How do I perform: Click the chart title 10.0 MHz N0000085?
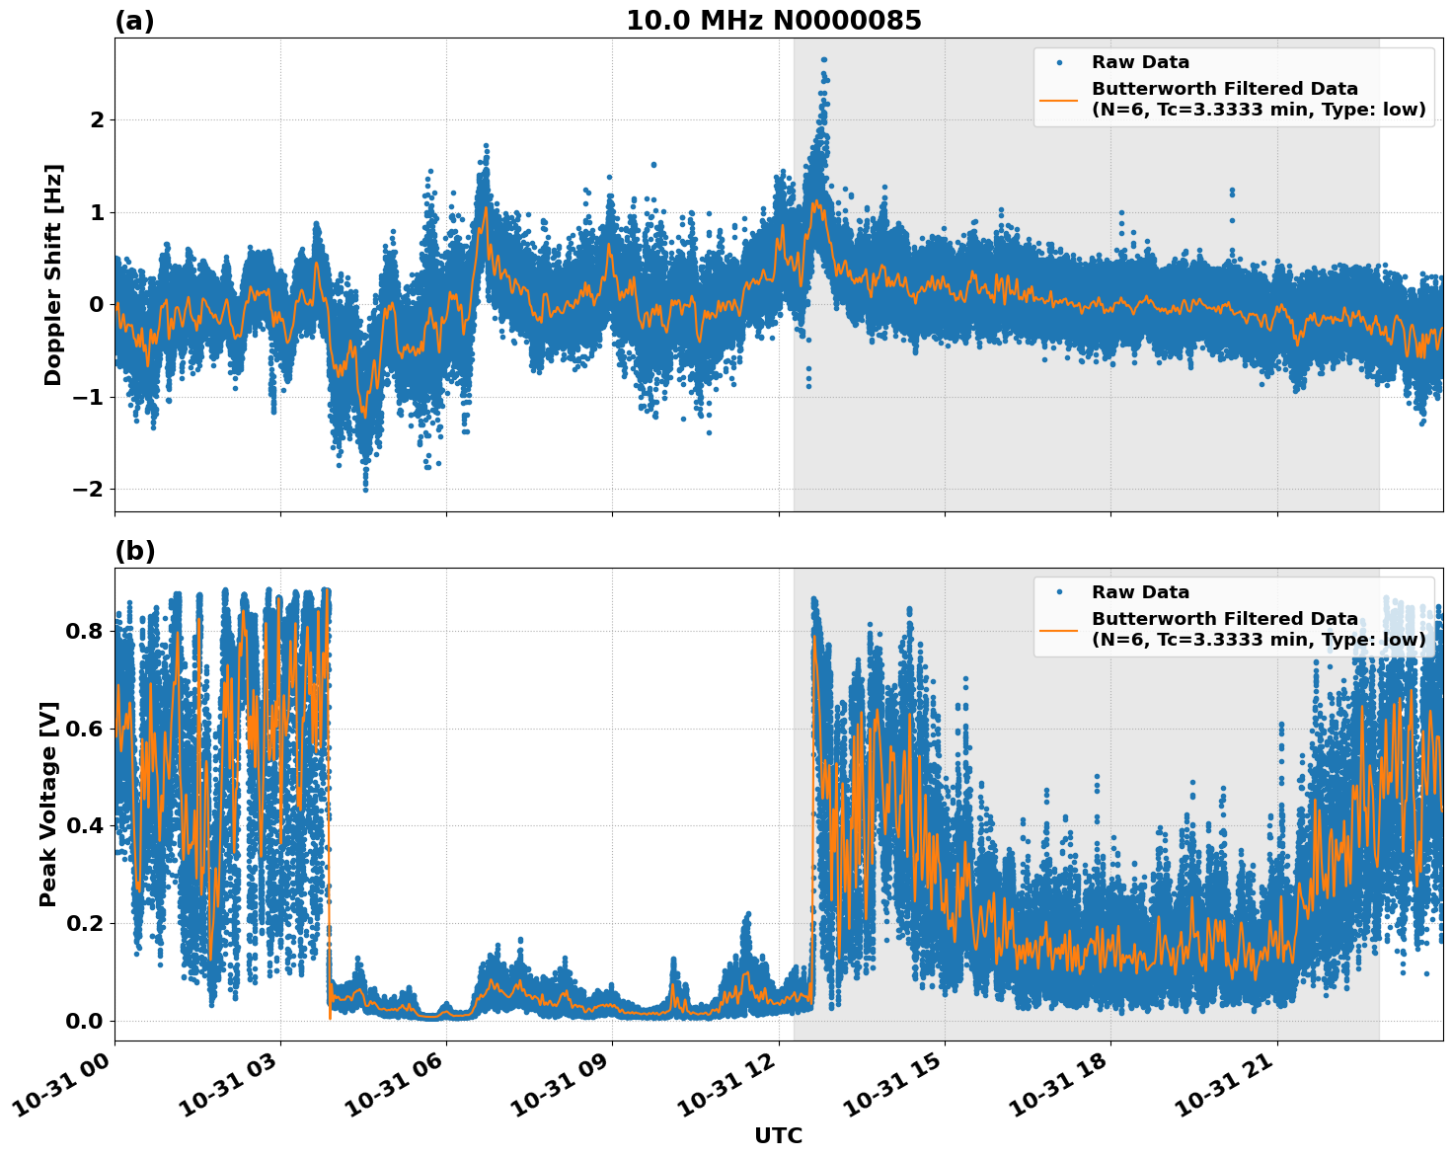pyautogui.click(x=773, y=21)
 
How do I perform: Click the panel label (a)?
pyautogui.click(x=134, y=21)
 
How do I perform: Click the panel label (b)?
pyautogui.click(x=134, y=551)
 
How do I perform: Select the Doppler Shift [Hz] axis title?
pyautogui.click(x=53, y=274)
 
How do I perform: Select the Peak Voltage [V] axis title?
pyautogui.click(x=48, y=804)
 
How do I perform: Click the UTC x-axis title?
pyautogui.click(x=778, y=1135)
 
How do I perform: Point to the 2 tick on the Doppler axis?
pyautogui.click(x=97, y=120)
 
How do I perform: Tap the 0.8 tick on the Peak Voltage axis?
pyautogui.click(x=84, y=631)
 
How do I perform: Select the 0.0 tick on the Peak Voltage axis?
pyautogui.click(x=84, y=1021)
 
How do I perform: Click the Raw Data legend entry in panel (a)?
pyautogui.click(x=1140, y=62)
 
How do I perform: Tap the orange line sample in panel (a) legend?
pyautogui.click(x=1059, y=99)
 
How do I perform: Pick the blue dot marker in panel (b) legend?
pyautogui.click(x=1059, y=592)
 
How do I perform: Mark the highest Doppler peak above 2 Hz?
pyautogui.click(x=823, y=60)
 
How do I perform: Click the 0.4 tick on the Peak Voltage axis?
pyautogui.click(x=84, y=826)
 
